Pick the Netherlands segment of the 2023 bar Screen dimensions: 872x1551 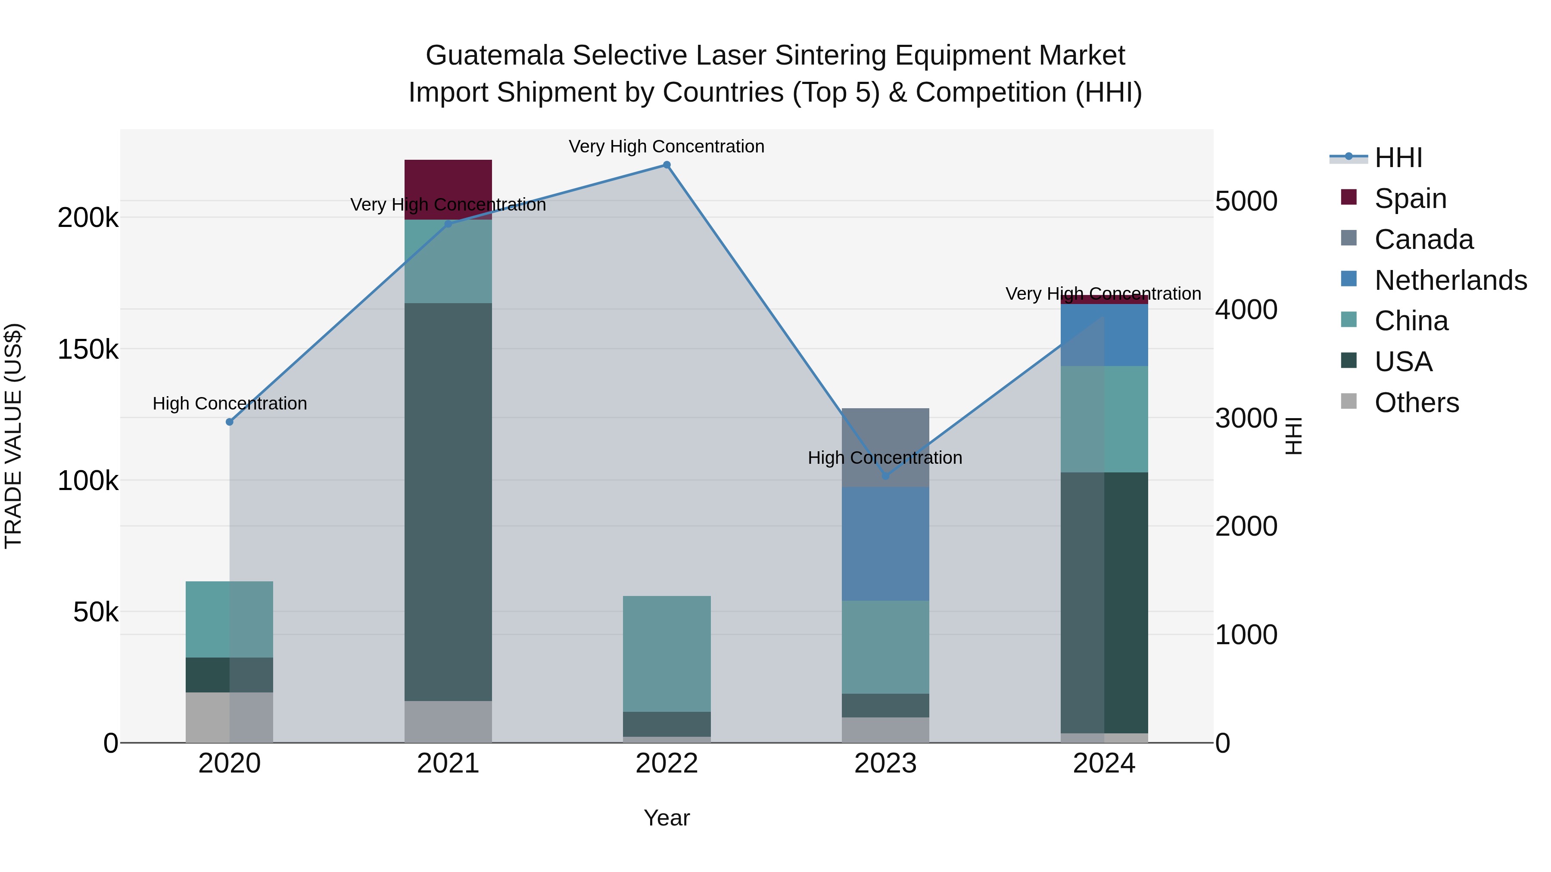(x=885, y=543)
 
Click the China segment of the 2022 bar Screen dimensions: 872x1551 (x=666, y=654)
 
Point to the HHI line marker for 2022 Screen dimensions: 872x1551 (x=666, y=165)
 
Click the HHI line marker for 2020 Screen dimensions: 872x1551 (x=229, y=422)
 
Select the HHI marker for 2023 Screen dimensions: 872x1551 (x=885, y=476)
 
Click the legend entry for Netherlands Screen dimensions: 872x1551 (x=1450, y=280)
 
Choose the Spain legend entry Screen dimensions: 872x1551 (x=1410, y=199)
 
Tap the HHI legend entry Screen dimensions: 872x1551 (x=1398, y=158)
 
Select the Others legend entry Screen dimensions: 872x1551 (x=1416, y=403)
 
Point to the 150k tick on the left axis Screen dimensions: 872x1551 (x=88, y=349)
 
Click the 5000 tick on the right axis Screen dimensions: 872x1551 (x=1246, y=201)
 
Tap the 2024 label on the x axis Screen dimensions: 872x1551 (x=1104, y=763)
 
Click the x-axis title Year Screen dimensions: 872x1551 (x=666, y=818)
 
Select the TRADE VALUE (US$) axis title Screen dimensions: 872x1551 (x=13, y=436)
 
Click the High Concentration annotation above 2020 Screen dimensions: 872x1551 (x=229, y=403)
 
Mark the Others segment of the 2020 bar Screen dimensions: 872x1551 (x=229, y=717)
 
